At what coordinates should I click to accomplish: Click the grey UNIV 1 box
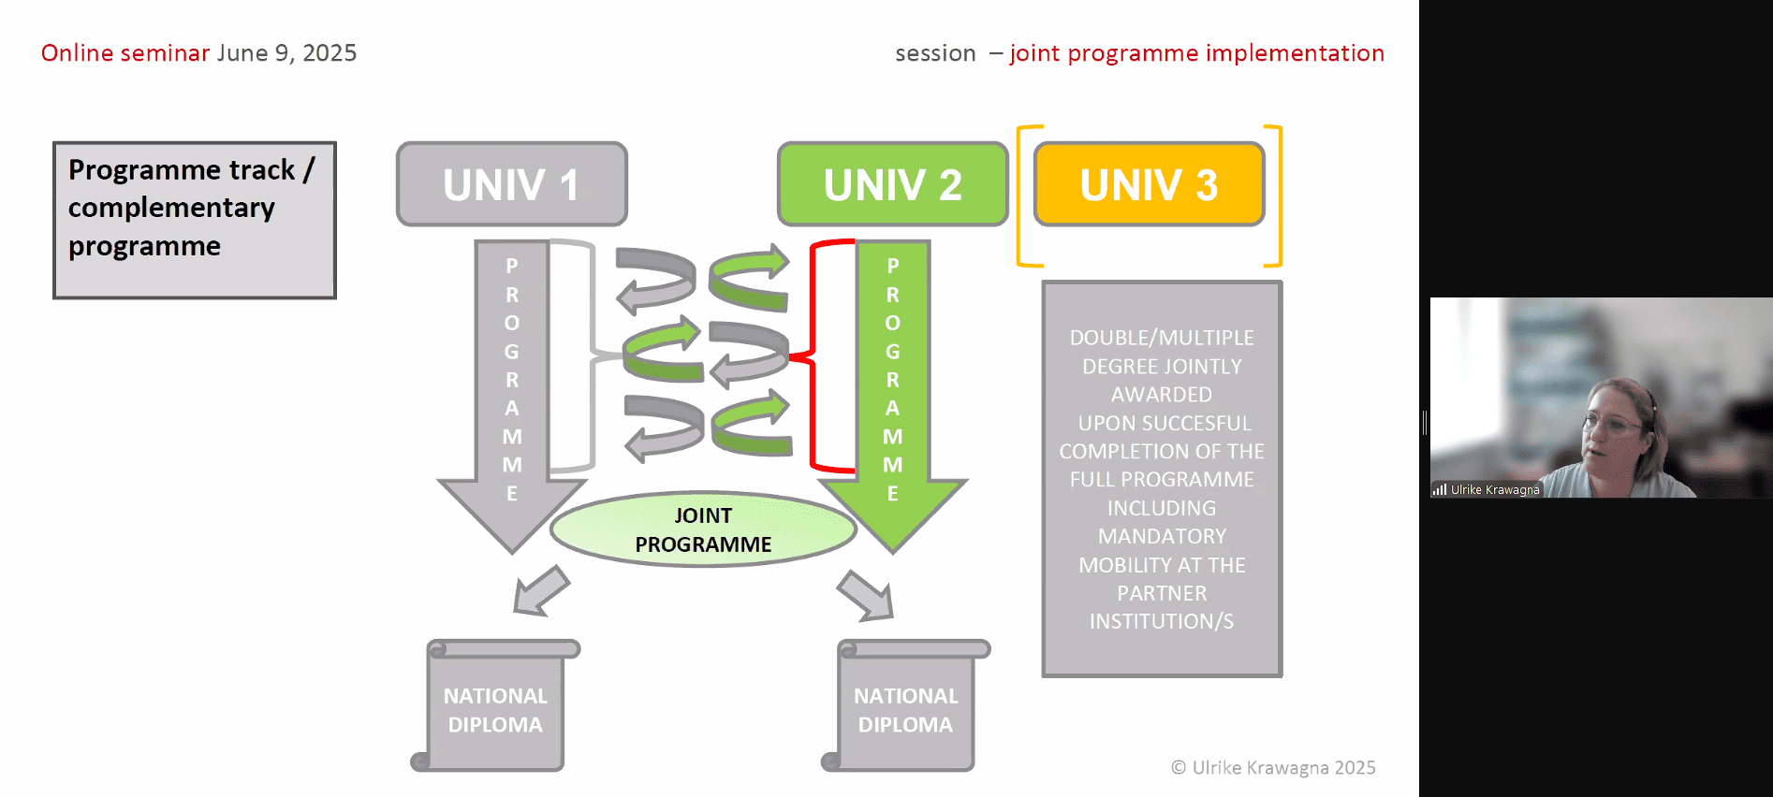point(512,184)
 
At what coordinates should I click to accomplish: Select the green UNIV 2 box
point(893,184)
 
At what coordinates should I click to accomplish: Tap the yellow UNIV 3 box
point(1150,184)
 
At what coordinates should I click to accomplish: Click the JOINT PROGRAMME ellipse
point(703,529)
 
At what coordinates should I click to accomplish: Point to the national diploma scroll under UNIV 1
point(495,705)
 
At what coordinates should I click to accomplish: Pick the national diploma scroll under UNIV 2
point(905,705)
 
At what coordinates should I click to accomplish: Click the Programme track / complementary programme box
point(195,220)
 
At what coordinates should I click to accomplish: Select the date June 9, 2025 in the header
point(287,53)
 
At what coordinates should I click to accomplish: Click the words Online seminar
point(125,53)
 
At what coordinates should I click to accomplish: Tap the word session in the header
point(935,54)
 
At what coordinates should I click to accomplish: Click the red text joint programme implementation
point(1196,53)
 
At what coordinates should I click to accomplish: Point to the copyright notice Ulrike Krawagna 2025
point(1273,768)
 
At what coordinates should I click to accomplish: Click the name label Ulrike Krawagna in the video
point(1495,489)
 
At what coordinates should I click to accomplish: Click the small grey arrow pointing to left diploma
point(541,591)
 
